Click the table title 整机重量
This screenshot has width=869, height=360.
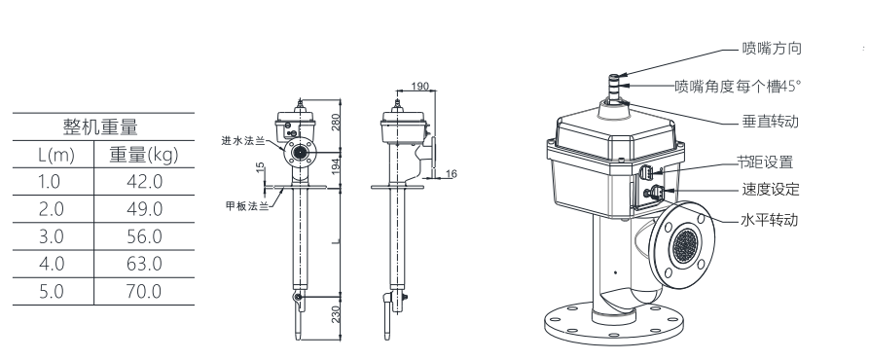point(100,126)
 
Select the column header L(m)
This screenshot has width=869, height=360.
point(56,155)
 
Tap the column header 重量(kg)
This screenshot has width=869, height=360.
point(144,155)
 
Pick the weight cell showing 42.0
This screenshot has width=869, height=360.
point(144,182)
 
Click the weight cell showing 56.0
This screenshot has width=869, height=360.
point(144,236)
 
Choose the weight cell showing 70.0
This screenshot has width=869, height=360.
point(144,291)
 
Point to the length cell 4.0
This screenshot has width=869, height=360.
point(52,264)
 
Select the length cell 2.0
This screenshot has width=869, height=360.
point(52,209)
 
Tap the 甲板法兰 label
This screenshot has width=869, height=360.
point(247,206)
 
